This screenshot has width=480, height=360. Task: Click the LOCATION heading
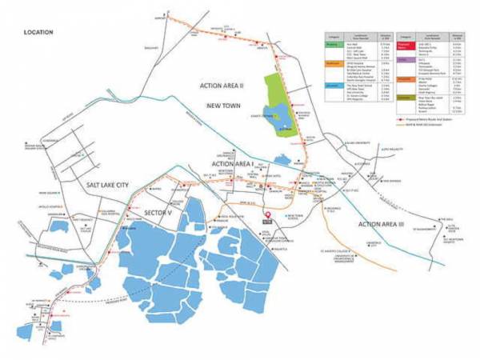click(38, 32)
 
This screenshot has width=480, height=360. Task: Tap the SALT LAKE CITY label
click(112, 185)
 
